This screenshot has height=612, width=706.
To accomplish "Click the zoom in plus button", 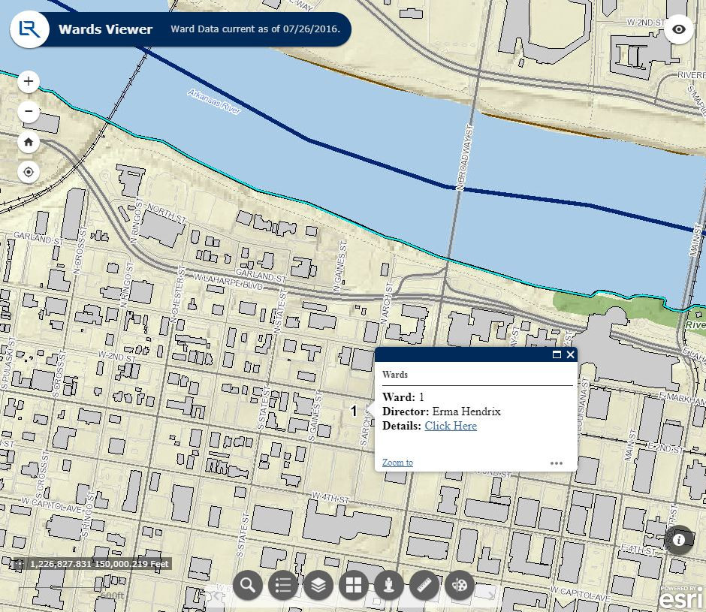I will click(x=29, y=81).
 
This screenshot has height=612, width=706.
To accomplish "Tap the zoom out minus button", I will click(x=29, y=112).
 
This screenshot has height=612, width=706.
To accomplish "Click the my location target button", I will click(x=29, y=172).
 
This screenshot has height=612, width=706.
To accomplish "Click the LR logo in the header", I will click(x=29, y=29).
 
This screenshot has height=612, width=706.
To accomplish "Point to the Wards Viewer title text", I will click(x=105, y=30).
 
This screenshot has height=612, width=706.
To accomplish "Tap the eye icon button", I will click(x=679, y=29).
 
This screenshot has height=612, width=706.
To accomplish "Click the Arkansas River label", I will click(x=214, y=102).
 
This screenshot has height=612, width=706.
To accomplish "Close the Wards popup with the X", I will click(x=571, y=354).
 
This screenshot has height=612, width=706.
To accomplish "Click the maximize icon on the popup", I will click(x=557, y=354).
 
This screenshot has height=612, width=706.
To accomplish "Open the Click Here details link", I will click(x=451, y=426).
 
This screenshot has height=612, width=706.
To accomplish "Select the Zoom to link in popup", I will click(x=397, y=463).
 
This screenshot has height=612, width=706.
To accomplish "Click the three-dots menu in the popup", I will click(x=556, y=463).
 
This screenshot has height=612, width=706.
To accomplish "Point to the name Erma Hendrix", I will click(x=466, y=412).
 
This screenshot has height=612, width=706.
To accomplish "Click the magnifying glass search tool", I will click(x=247, y=585).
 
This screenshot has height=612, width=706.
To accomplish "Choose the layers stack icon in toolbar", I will click(x=318, y=585).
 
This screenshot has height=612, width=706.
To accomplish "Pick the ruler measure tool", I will click(x=424, y=585).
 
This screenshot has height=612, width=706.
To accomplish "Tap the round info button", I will click(x=679, y=539).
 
